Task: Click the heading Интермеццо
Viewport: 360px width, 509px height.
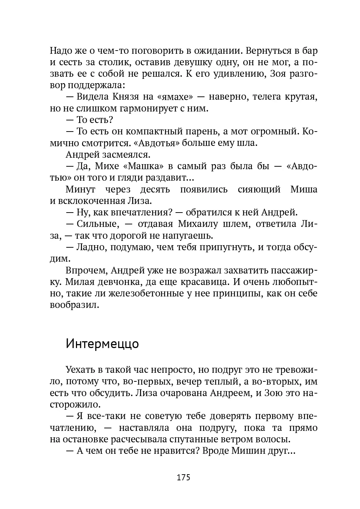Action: click(102, 343)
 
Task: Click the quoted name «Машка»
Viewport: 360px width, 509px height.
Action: click(142, 166)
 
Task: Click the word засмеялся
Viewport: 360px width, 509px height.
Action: click(120, 154)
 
